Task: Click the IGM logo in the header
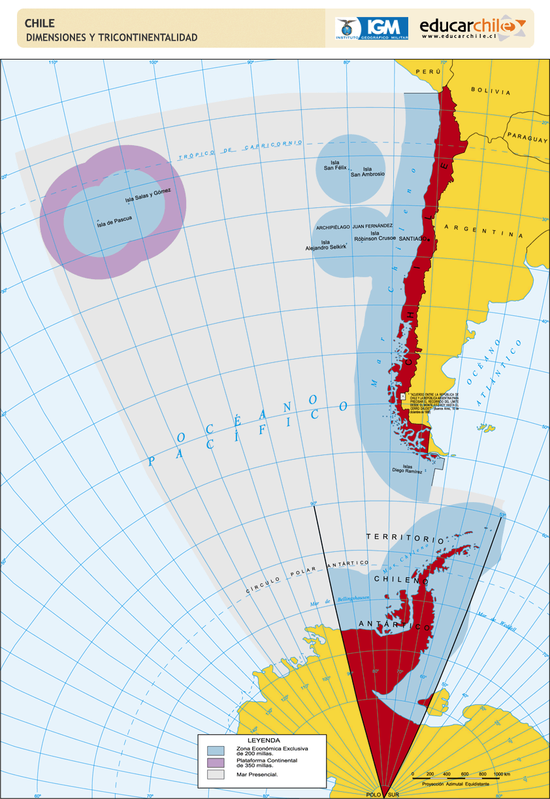click(x=372, y=29)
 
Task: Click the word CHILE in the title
click(x=40, y=24)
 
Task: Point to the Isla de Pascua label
click(x=114, y=222)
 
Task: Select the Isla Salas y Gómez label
click(x=148, y=195)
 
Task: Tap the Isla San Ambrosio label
click(x=367, y=171)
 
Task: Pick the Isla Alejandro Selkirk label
click(x=325, y=245)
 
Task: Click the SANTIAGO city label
click(x=412, y=239)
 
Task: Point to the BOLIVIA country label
click(x=491, y=92)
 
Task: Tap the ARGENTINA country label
click(x=483, y=231)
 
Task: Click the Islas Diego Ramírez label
click(x=407, y=468)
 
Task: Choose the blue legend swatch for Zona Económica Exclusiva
click(x=216, y=749)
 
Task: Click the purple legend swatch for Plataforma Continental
click(x=216, y=762)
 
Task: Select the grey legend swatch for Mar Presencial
click(x=216, y=775)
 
